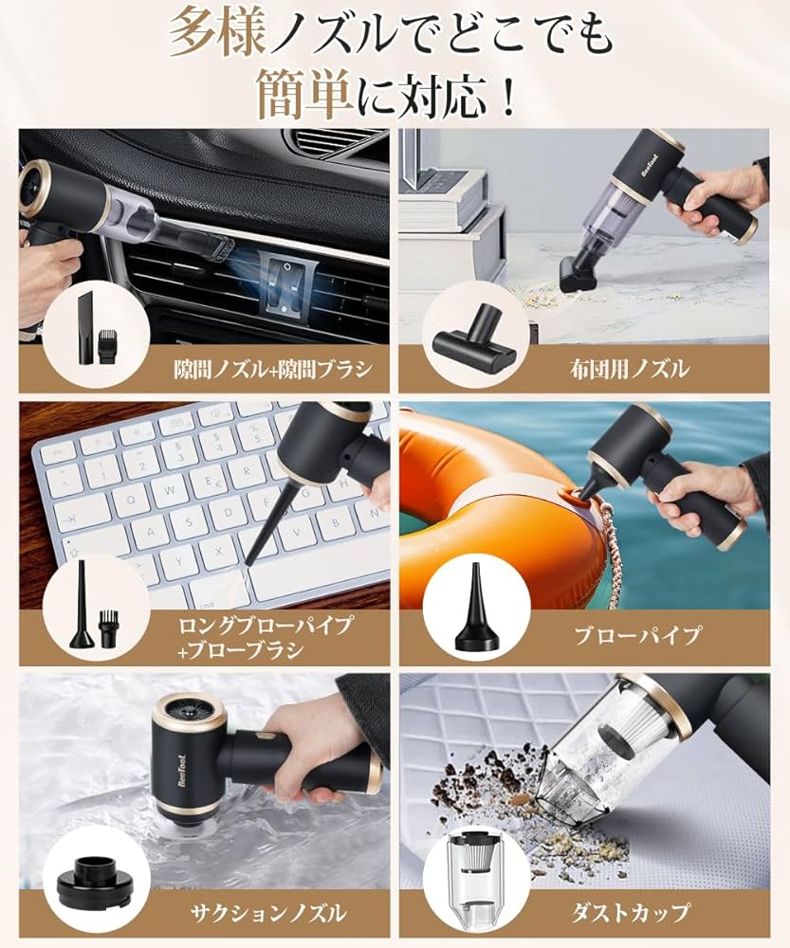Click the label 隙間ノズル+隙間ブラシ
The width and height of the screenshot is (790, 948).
272,369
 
